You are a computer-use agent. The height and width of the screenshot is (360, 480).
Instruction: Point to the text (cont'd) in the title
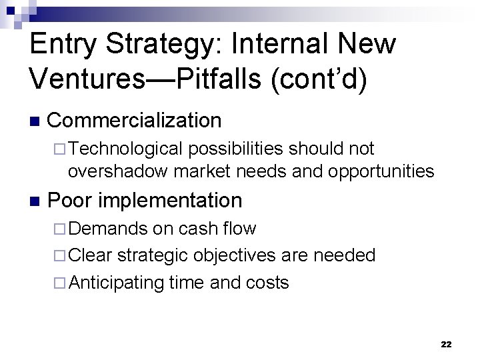pos(328,79)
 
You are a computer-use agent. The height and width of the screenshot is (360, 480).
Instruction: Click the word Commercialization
pos(135,121)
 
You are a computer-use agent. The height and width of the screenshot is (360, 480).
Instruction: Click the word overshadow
pos(118,171)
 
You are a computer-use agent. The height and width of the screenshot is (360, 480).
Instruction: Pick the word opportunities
pos(381,172)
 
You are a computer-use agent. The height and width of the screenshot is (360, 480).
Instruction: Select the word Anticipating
pos(116,283)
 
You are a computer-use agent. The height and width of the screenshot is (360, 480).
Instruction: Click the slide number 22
pos(446,344)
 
